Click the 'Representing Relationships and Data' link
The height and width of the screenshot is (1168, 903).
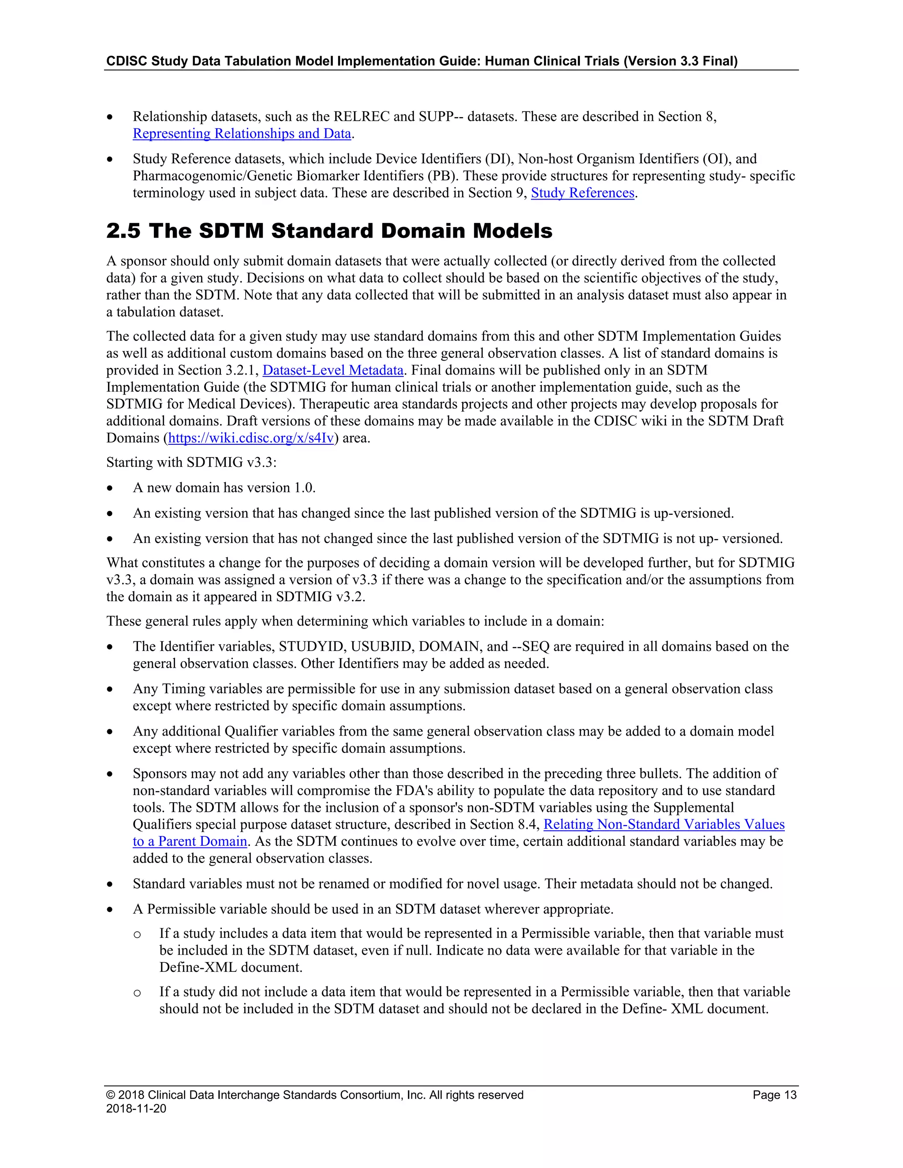click(242, 134)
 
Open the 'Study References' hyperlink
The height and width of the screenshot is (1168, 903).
click(582, 193)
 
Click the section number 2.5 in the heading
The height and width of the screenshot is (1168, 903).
click(123, 231)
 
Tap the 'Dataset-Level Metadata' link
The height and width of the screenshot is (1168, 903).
click(333, 371)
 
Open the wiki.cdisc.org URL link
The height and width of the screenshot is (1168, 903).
click(251, 439)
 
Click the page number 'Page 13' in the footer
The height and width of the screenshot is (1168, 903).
click(774, 1095)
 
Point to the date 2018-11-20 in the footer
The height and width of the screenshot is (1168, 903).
click(136, 1108)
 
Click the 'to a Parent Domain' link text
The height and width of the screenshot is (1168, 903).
click(190, 842)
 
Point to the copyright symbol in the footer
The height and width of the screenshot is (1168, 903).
click(110, 1095)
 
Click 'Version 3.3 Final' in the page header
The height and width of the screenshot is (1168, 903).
click(680, 61)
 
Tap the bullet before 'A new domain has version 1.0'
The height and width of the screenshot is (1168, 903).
click(110, 488)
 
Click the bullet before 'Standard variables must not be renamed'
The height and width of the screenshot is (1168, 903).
click(110, 885)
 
